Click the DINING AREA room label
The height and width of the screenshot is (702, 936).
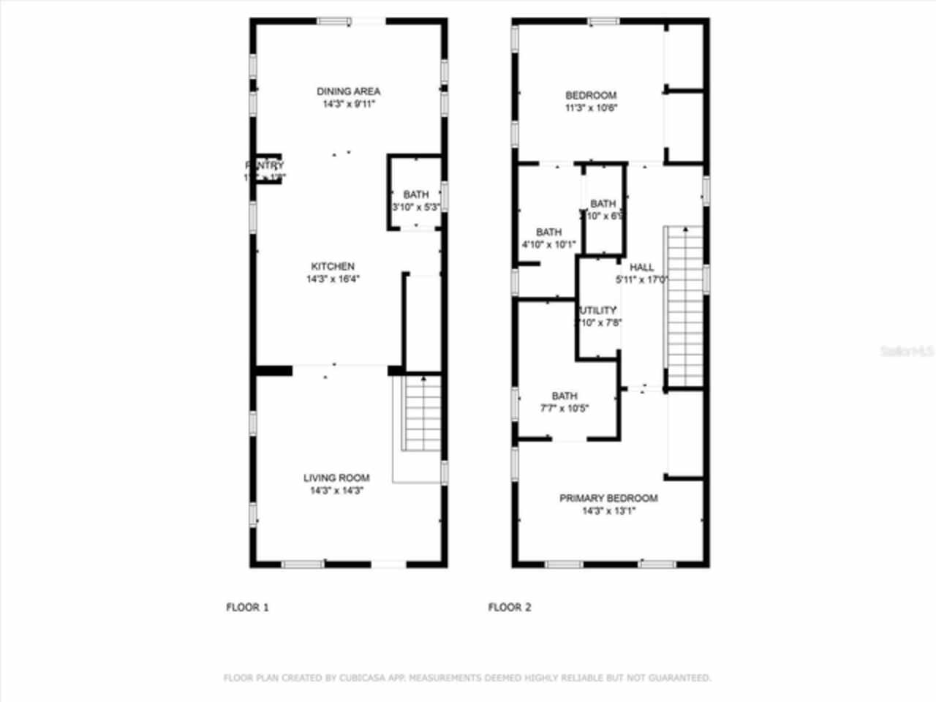click(348, 91)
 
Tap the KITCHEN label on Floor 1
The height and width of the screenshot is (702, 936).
click(333, 266)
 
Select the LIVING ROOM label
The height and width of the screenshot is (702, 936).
click(336, 478)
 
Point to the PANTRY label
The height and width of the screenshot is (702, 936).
click(264, 165)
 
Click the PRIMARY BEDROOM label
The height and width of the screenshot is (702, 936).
click(608, 498)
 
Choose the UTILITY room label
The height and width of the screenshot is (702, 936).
click(599, 310)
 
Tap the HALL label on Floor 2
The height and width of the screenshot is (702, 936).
click(641, 267)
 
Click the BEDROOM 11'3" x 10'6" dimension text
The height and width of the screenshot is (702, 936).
click(592, 108)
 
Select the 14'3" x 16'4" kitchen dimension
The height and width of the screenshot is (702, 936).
click(333, 279)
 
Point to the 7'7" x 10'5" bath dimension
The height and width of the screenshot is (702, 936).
click(564, 409)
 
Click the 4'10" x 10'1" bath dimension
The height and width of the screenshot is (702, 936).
click(548, 245)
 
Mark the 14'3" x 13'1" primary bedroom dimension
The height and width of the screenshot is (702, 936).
click(608, 511)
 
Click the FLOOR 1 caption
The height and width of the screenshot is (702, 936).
click(247, 607)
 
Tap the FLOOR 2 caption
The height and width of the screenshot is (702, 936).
click(510, 607)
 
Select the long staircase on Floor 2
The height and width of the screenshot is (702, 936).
click(684, 307)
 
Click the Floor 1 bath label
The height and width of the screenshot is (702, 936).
click(416, 195)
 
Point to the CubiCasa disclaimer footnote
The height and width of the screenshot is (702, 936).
click(467, 678)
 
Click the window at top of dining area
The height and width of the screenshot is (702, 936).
click(334, 22)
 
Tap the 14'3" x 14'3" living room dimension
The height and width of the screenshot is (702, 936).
click(336, 491)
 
